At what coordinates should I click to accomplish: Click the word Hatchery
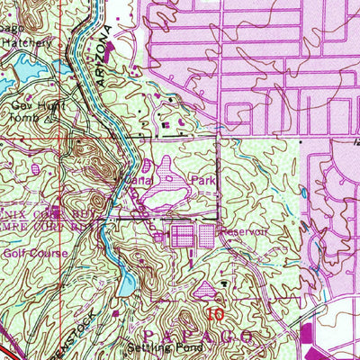click(x=22, y=41)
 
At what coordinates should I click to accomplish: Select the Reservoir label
click(x=245, y=231)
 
